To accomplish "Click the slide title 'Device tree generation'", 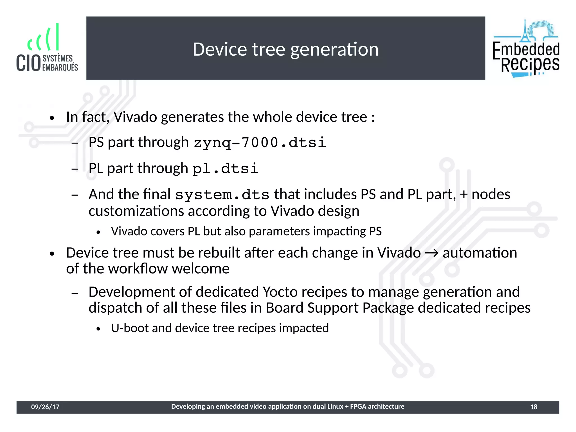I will tap(285, 50).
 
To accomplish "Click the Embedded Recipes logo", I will tap(526, 48).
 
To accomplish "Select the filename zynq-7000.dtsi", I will tap(260, 142).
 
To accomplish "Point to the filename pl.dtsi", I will tap(225, 169).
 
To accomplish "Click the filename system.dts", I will tap(222, 195).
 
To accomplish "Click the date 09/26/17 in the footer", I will tap(45, 407).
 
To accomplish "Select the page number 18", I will tap(534, 407).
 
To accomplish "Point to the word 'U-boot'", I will tap(129, 328).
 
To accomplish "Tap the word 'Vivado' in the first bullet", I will tap(135, 117).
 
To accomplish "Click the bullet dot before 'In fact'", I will tap(51, 118).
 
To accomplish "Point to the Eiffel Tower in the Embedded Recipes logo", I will tap(525, 31).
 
